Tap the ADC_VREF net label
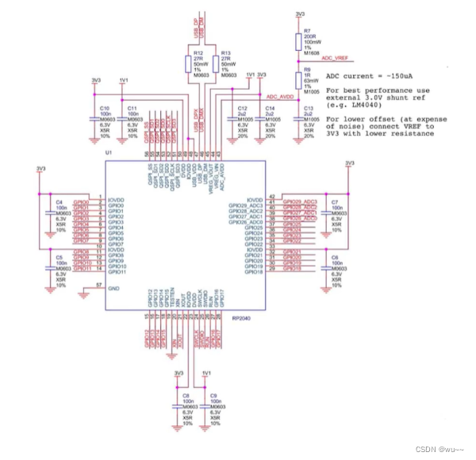pyautogui.click(x=335, y=58)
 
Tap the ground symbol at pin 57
pyautogui.click(x=86, y=294)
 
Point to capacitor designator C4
pyautogui.click(x=59, y=202)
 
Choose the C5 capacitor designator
pyautogui.click(x=59, y=258)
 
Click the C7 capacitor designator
pyautogui.click(x=335, y=202)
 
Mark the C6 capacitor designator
pyautogui.click(x=335, y=258)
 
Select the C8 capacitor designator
pyautogui.click(x=186, y=394)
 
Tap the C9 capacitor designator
pyautogui.click(x=213, y=394)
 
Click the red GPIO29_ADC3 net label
pyautogui.click(x=299, y=202)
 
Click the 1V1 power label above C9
pyautogui.click(x=207, y=372)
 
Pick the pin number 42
pyautogui.click(x=271, y=196)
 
